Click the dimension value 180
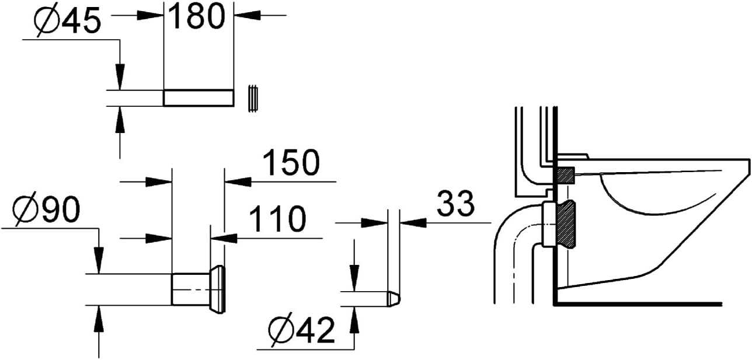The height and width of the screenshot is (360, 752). click(x=197, y=16)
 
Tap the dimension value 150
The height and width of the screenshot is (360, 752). click(x=291, y=163)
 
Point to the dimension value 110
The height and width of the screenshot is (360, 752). click(x=278, y=219)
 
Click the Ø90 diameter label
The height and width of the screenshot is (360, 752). click(x=47, y=209)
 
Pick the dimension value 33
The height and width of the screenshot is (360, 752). click(x=455, y=203)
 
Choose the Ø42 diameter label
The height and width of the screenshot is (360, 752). click(x=301, y=330)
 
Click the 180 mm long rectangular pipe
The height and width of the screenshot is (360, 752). click(x=199, y=98)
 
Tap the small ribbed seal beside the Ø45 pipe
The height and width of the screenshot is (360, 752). click(x=253, y=98)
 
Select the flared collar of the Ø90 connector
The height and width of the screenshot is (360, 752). click(x=218, y=289)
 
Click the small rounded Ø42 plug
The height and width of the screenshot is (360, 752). click(x=393, y=299)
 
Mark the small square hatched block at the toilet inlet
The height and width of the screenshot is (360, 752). click(x=565, y=176)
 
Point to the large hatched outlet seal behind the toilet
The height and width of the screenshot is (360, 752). click(x=566, y=224)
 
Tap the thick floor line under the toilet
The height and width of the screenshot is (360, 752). click(x=638, y=305)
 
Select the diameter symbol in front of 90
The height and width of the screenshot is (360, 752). click(x=26, y=210)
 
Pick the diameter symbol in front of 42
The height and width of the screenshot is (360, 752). click(x=281, y=331)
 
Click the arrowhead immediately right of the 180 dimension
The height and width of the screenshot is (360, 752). click(x=248, y=15)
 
